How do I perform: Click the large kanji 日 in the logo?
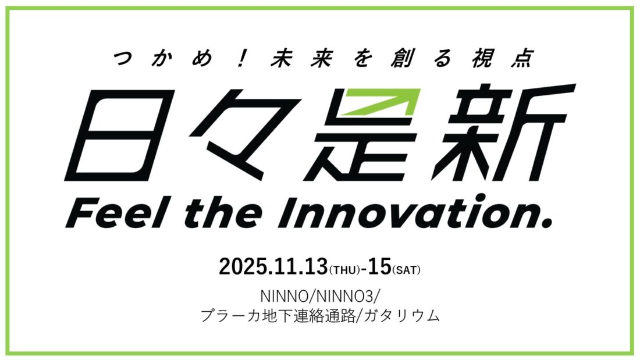(120, 135)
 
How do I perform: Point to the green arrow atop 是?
(381, 102)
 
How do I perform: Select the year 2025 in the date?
(243, 267)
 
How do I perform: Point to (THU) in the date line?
(344, 270)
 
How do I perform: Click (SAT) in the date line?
(406, 270)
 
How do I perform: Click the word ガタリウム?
(401, 316)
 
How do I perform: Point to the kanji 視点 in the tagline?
(502, 58)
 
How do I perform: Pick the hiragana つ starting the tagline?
(123, 59)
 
